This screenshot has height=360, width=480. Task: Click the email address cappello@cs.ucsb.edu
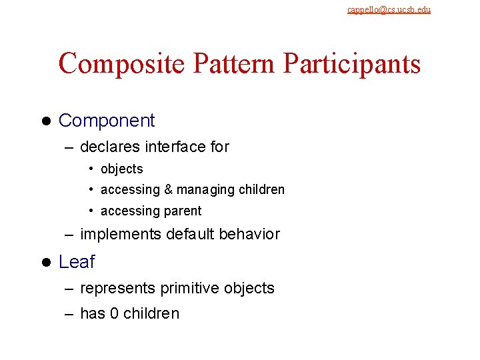pos(389,9)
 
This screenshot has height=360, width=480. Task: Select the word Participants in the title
pos(352,64)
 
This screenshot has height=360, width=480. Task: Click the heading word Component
pos(107,121)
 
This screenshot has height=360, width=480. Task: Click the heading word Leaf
pos(77,262)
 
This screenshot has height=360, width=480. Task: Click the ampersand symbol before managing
pos(168,190)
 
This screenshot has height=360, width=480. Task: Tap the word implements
pos(121,235)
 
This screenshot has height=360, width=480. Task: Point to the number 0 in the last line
pos(114,313)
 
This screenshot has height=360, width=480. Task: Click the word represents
pos(117,289)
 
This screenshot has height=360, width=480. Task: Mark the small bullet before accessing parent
pos(91,211)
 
